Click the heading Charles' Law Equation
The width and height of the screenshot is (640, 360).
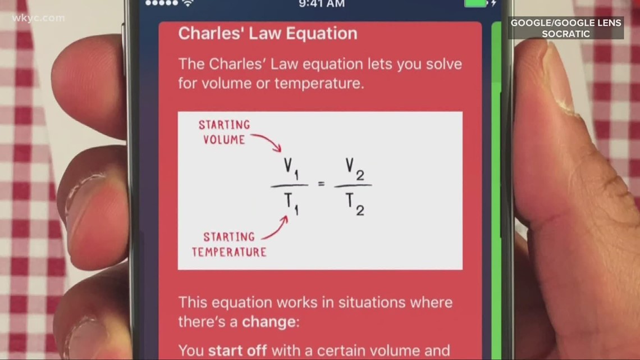click(267, 34)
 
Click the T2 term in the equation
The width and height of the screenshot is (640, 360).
click(354, 203)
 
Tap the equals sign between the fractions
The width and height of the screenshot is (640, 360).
click(322, 184)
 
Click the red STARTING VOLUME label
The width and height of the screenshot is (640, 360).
click(223, 133)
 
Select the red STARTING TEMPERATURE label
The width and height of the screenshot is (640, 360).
click(230, 244)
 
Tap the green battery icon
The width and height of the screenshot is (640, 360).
click(476, 3)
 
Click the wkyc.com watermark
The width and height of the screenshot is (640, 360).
click(38, 19)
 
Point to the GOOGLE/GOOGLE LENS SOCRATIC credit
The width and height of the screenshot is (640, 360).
click(566, 28)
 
